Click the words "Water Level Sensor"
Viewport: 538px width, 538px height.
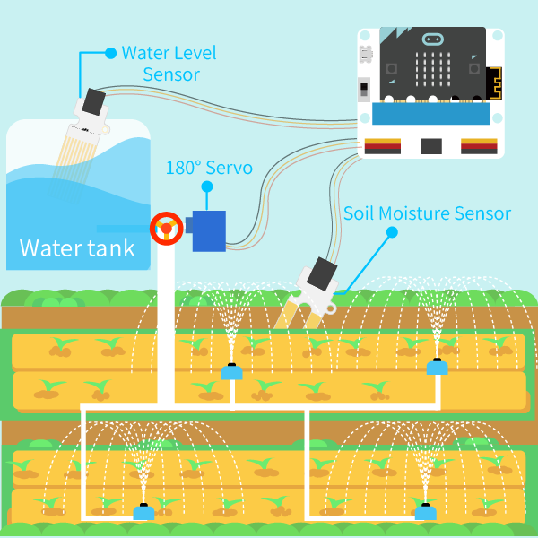tap(169, 63)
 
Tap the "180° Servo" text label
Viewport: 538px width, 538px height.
tap(209, 168)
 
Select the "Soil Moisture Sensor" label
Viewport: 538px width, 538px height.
tap(428, 213)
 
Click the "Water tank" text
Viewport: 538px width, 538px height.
tap(77, 247)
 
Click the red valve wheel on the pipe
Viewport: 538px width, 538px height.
tap(166, 229)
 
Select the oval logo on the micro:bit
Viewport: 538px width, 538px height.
tap(432, 40)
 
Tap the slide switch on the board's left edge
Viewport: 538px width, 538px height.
tap(364, 90)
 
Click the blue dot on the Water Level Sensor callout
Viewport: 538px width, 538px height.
tap(110, 53)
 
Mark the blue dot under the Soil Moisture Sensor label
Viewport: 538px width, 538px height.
tap(392, 232)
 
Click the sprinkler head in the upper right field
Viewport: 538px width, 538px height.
tap(437, 366)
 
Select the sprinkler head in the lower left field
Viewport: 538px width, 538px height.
tap(143, 513)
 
